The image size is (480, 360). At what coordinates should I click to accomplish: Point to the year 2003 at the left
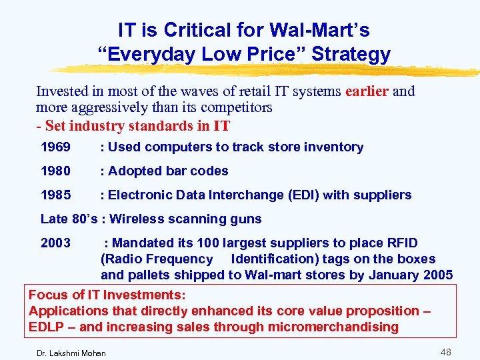pos(55,243)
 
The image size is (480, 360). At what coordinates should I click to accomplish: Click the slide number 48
pos(445,351)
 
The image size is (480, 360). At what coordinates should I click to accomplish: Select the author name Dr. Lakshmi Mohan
pos(71,352)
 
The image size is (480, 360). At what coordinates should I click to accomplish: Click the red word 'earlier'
pos(367,91)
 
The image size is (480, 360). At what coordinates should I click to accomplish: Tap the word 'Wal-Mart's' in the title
pos(320,30)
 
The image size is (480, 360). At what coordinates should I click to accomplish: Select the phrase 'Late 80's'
pos(67,219)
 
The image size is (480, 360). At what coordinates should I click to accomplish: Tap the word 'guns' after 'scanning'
pos(247,219)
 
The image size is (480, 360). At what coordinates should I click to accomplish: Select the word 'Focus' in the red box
pos(47,295)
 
